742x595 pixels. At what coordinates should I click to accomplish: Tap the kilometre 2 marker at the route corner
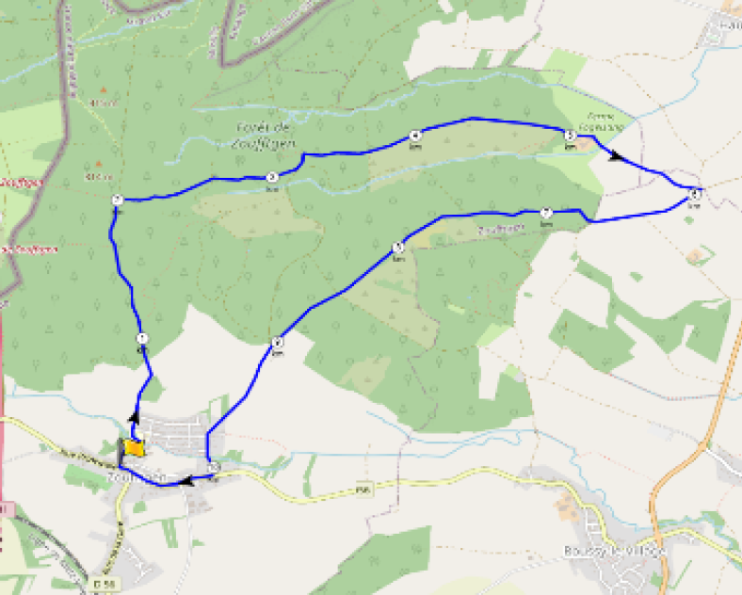pos(117,200)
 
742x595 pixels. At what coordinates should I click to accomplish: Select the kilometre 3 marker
pos(271,176)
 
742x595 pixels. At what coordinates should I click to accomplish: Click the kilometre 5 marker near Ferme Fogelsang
pos(570,137)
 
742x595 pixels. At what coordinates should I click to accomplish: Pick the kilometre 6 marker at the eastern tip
pos(694,193)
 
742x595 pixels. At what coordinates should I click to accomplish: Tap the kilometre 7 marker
pos(545,213)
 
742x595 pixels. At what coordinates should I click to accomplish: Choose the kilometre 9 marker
pos(277,343)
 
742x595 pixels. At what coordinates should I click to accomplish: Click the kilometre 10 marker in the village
pos(215,467)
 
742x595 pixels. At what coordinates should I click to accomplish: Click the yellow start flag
pos(134,448)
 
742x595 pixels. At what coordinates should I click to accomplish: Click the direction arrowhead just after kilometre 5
pos(616,155)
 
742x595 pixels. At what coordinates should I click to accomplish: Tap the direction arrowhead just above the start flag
pos(133,416)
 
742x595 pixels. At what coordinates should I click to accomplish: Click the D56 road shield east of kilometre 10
pos(361,489)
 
